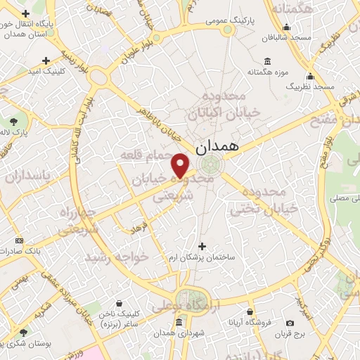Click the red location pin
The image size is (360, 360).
[x=181, y=165]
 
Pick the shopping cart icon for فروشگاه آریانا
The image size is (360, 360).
[x=249, y=310]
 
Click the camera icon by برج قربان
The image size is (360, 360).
[x=290, y=323]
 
